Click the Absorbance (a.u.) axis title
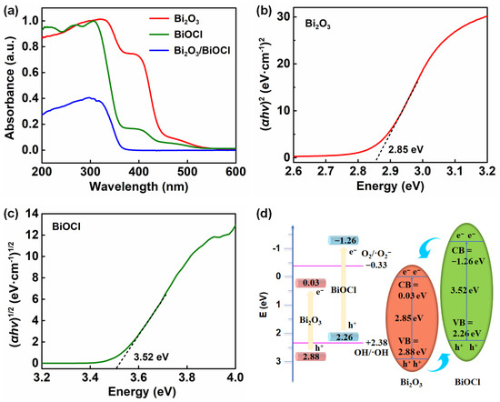tap(10, 84)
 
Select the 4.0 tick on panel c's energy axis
tap(235, 377)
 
